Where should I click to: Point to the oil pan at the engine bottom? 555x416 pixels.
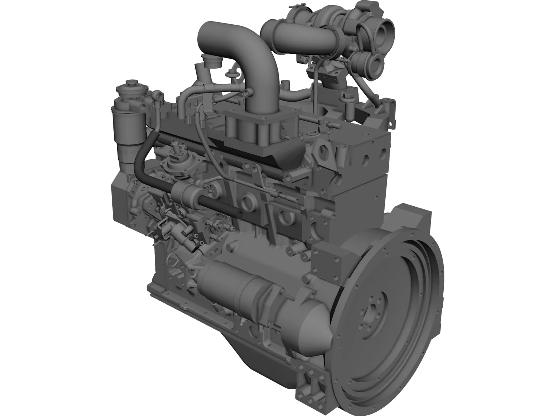coord(222,361)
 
